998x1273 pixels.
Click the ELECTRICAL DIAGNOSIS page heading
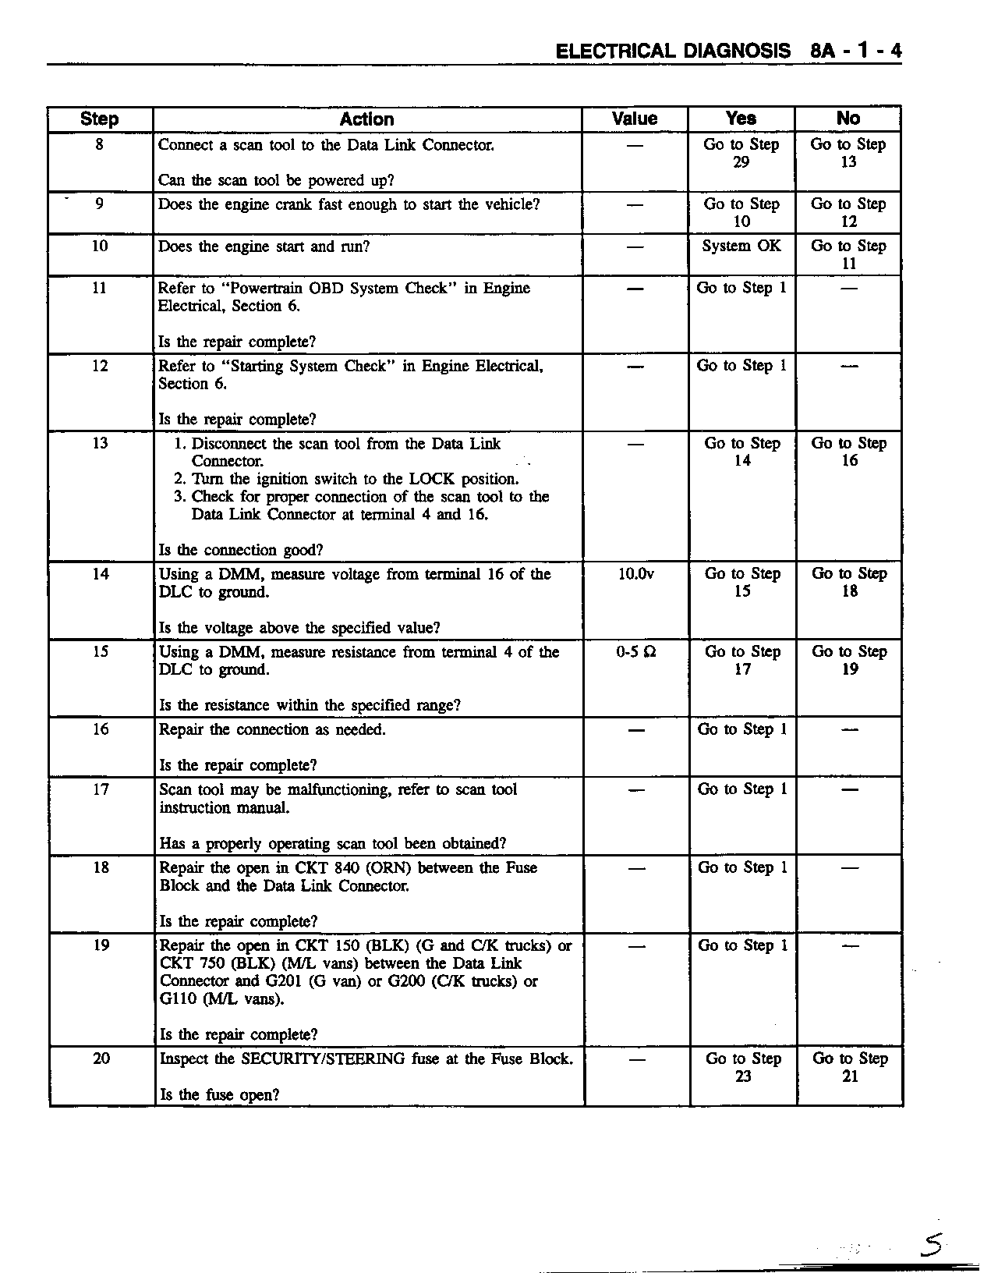click(x=673, y=51)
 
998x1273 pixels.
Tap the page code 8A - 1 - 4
click(x=856, y=51)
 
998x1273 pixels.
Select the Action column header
click(x=366, y=119)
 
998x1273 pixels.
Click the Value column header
click(x=635, y=119)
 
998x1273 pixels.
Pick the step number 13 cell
click(x=101, y=443)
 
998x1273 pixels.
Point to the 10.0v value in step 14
click(x=635, y=574)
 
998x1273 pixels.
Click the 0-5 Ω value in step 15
click(x=635, y=651)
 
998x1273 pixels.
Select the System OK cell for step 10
click(x=741, y=246)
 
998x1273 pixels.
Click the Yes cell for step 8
click(x=741, y=153)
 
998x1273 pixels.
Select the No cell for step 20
click(x=850, y=1067)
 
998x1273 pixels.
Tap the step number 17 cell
click(x=101, y=789)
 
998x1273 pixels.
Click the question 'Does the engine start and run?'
click(x=264, y=246)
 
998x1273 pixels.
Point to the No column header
click(x=848, y=119)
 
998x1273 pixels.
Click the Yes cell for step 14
click(x=742, y=582)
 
